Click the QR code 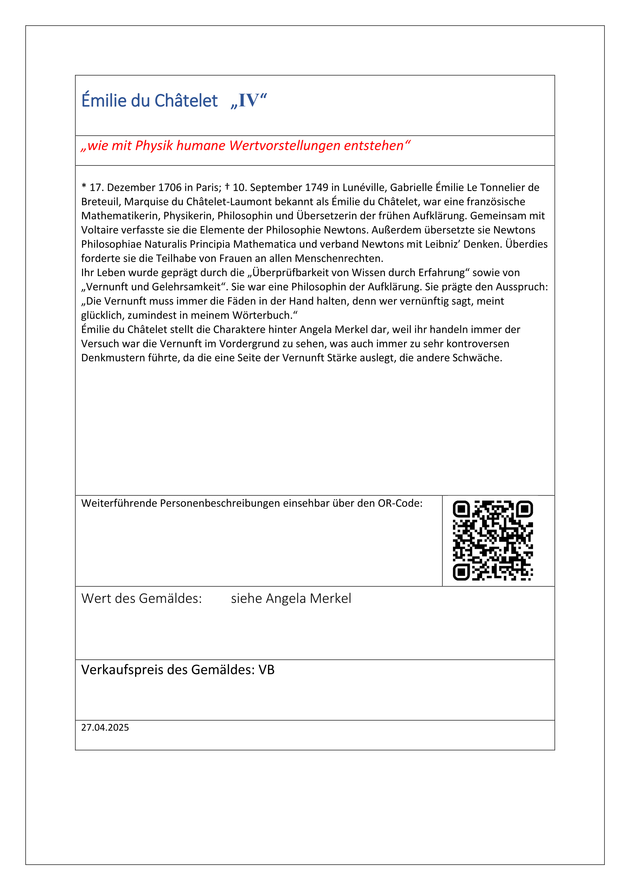493,540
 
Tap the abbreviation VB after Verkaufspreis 267,670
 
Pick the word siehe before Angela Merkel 247,598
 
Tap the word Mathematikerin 121,216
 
